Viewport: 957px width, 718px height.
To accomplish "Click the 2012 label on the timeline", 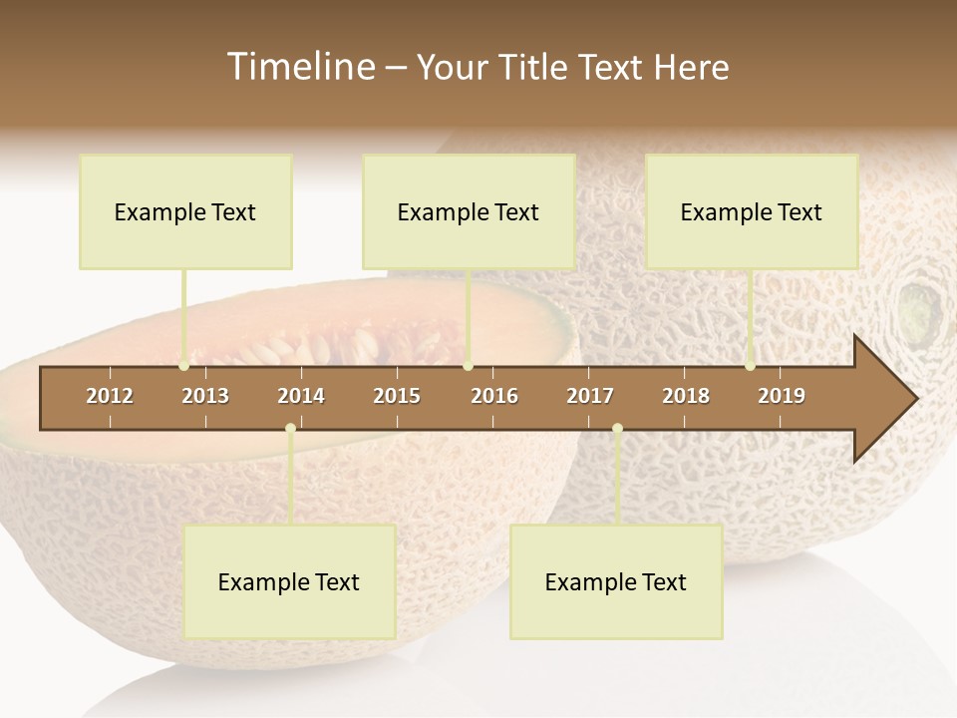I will pyautogui.click(x=110, y=396).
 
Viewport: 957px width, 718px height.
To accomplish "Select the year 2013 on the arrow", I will pyautogui.click(x=205, y=396).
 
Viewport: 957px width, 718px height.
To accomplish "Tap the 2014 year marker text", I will pyautogui.click(x=301, y=396).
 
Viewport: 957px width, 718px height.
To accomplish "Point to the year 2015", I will pyautogui.click(x=397, y=396).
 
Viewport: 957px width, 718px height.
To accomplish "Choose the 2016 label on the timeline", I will pyautogui.click(x=494, y=396).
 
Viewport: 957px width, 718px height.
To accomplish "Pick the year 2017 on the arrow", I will pyautogui.click(x=590, y=396).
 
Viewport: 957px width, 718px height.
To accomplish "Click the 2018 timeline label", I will pyautogui.click(x=686, y=396).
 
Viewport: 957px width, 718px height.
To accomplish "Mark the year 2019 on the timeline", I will pyautogui.click(x=782, y=396).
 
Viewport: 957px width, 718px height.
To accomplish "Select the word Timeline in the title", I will pyautogui.click(x=300, y=67).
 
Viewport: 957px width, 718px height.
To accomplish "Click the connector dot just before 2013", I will pyautogui.click(x=184, y=366).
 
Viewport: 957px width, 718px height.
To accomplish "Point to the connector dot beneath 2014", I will pyautogui.click(x=290, y=429).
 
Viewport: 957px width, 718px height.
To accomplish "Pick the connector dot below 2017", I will pyautogui.click(x=617, y=429).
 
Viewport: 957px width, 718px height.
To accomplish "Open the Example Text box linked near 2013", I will pyautogui.click(x=185, y=211).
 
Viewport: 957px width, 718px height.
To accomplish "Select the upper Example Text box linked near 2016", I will pyautogui.click(x=469, y=211).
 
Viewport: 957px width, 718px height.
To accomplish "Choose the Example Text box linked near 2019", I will pyautogui.click(x=752, y=211).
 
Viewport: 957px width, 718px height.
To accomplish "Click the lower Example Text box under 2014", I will pyautogui.click(x=289, y=581).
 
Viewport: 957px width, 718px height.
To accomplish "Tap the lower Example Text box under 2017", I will pyautogui.click(x=616, y=581).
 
